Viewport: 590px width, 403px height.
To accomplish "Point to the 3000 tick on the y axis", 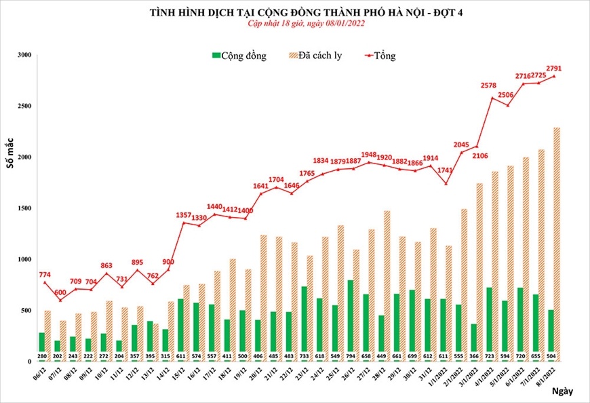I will coord(24,55).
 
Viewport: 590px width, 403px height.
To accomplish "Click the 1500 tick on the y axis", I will coord(24,208).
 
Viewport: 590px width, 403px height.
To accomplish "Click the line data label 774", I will coord(45,273).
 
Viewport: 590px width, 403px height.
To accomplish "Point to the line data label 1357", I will coord(184,215).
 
